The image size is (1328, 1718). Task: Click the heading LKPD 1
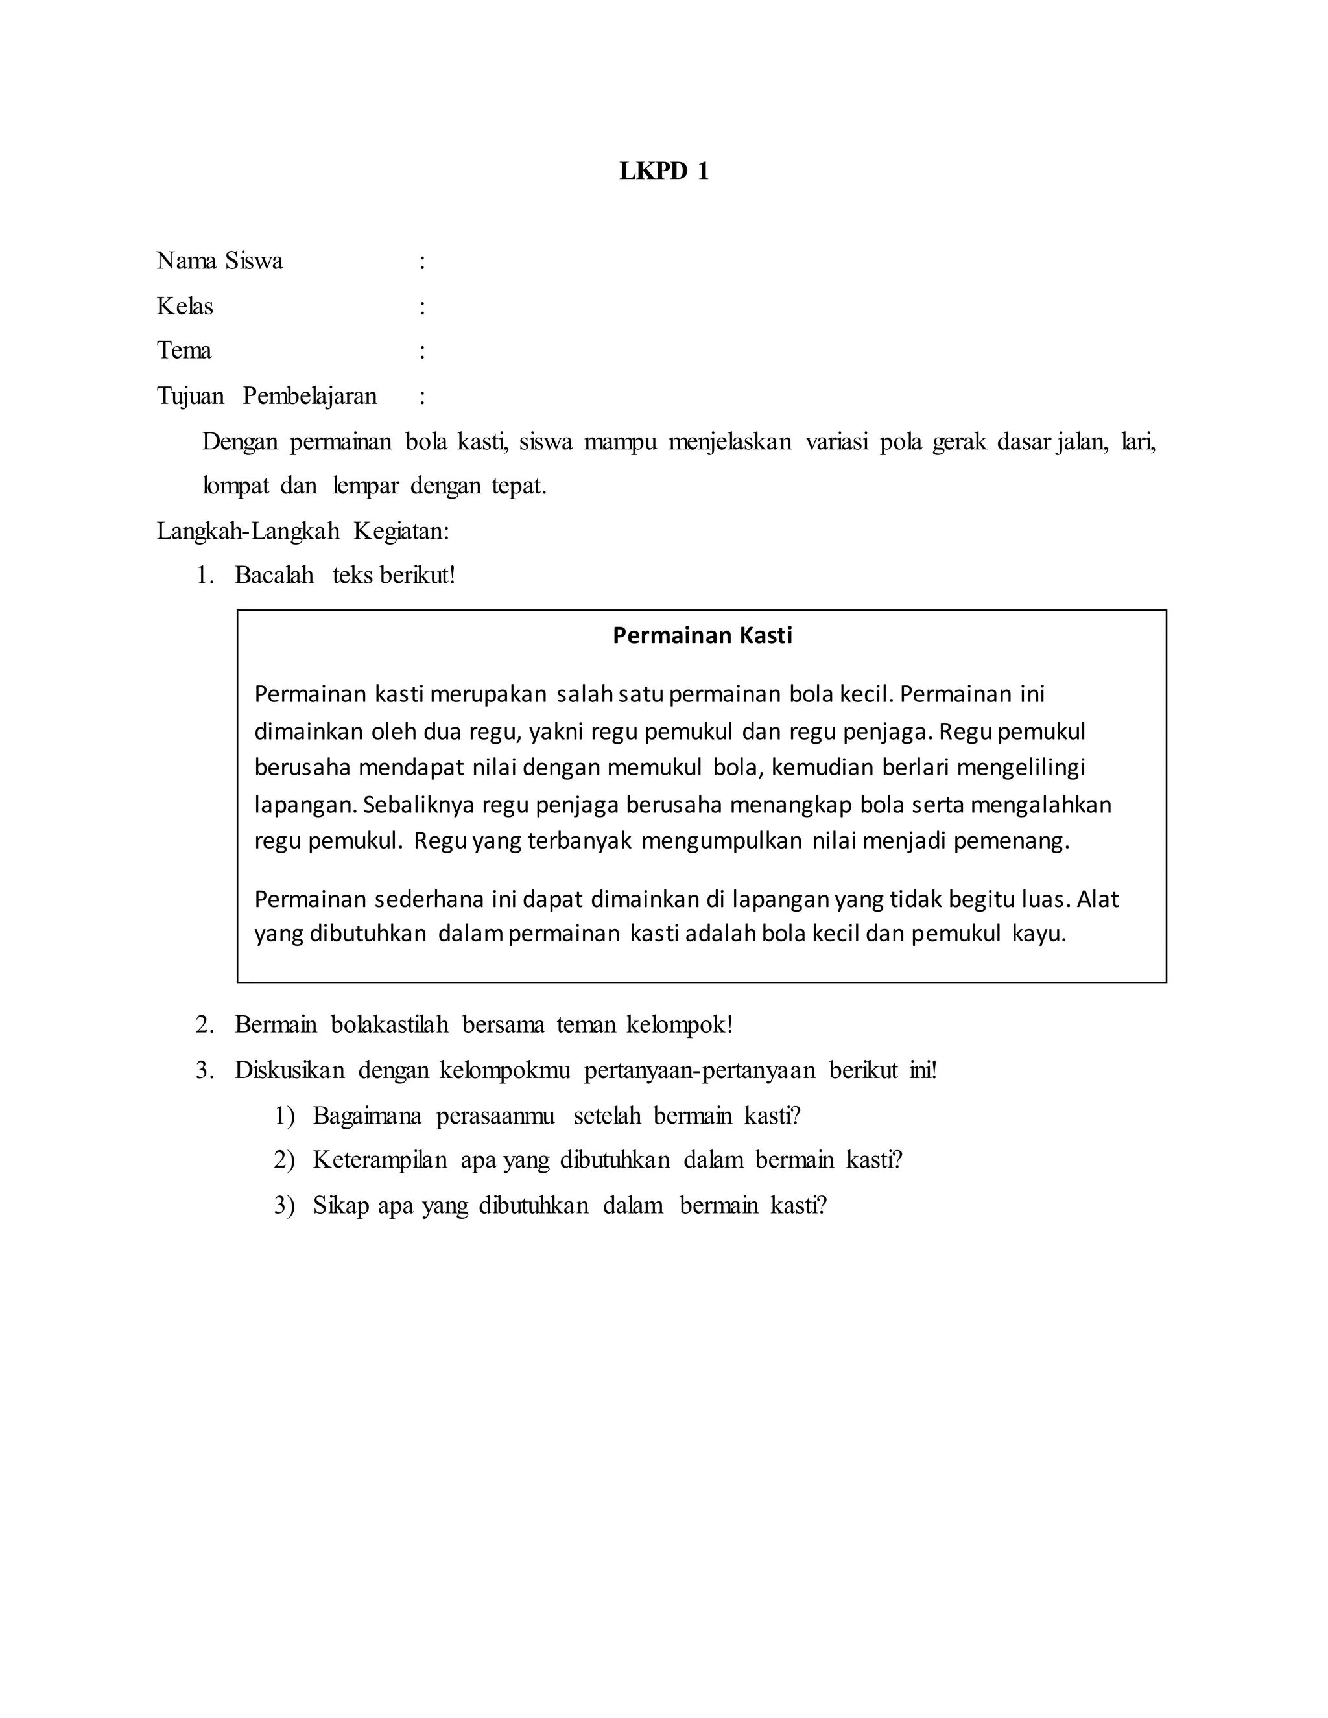[x=664, y=172]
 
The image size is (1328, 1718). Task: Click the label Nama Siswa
[x=220, y=261]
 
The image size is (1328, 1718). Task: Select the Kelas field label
[x=185, y=306]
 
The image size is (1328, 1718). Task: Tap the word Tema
[x=184, y=350]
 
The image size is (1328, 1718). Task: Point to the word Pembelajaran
[x=310, y=395]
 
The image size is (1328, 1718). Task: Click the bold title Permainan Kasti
[x=702, y=635]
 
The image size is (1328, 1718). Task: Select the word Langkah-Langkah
[x=248, y=532]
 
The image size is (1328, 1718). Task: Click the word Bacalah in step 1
[x=274, y=576]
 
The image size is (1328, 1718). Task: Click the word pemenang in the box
[x=1011, y=841]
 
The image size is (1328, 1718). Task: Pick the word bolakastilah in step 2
[x=390, y=1025]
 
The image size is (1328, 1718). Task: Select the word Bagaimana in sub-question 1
[x=366, y=1116]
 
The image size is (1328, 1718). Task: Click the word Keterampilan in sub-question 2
[x=380, y=1160]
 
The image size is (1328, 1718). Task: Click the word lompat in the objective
[x=236, y=486]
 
